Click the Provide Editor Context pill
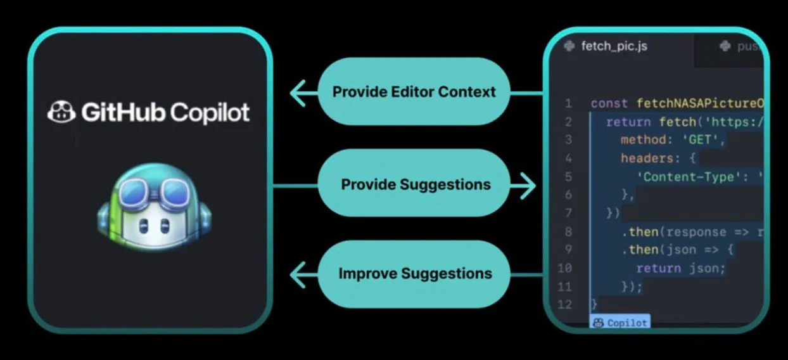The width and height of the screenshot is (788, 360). point(414,92)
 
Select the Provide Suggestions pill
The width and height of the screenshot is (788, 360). point(416,184)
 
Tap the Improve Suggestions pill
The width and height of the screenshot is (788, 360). point(415,274)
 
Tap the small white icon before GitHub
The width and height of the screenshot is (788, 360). point(62,112)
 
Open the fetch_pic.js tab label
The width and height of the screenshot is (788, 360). point(614,46)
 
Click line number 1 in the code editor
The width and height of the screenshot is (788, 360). point(568,103)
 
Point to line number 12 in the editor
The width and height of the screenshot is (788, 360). point(565,305)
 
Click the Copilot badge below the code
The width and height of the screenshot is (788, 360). point(620,323)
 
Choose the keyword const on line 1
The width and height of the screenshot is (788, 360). point(609,103)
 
